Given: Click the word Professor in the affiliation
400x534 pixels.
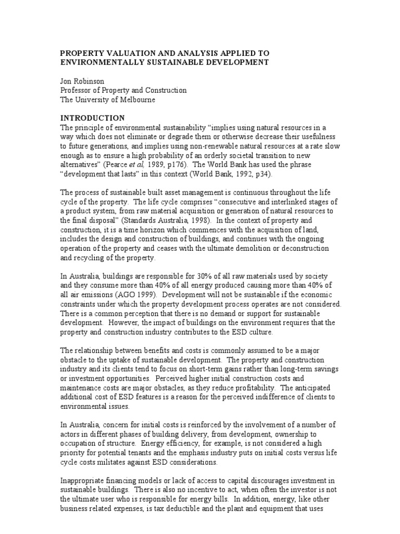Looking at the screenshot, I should (x=77, y=91).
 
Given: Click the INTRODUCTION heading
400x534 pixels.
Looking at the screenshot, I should (x=93, y=118).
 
